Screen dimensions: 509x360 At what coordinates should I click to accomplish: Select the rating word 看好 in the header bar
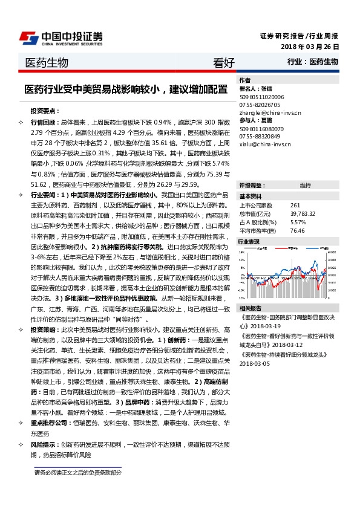coord(224,62)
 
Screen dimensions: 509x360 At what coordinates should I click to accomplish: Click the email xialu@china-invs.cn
coord(264,144)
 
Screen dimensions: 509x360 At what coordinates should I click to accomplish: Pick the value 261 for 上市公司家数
coord(296,206)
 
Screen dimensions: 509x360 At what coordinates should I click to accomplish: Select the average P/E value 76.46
coord(297,230)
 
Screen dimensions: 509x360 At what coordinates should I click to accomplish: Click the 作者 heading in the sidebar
coord(244,80)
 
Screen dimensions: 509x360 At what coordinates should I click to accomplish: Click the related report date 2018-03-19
coord(266,325)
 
